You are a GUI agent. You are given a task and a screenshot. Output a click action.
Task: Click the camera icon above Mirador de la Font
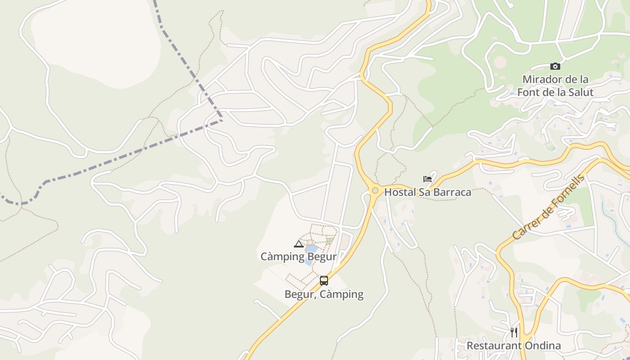555,67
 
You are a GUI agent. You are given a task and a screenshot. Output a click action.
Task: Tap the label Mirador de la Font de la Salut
555,86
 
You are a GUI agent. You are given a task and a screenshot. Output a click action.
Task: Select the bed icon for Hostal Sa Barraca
427,179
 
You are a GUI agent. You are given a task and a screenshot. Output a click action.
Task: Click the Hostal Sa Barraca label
427,192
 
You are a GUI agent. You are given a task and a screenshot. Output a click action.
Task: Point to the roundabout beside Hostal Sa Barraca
375,191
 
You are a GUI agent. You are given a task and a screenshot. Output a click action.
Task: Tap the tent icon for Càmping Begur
298,244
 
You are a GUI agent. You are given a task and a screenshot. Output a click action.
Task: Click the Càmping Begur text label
298,256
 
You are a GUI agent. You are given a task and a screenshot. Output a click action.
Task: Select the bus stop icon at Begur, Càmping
324,281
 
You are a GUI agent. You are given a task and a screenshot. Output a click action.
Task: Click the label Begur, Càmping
324,294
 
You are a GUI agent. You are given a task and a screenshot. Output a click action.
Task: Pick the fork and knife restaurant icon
513,333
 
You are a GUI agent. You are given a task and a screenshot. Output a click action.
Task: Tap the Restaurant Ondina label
513,346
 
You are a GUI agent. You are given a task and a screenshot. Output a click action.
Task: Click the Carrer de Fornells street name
548,207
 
